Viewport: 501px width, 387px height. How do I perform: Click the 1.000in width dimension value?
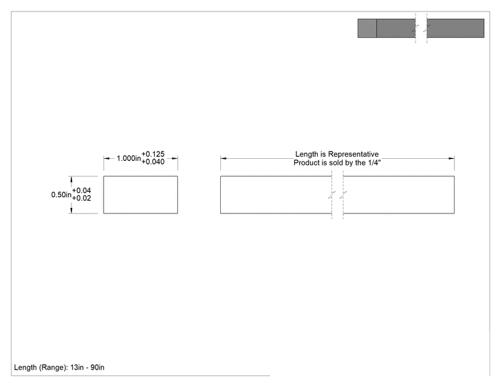pyautogui.click(x=129, y=158)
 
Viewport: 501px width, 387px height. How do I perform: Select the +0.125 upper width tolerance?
pyautogui.click(x=153, y=154)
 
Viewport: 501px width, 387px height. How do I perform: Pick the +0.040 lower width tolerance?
pyautogui.click(x=153, y=162)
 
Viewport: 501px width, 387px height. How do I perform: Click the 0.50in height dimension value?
pyautogui.click(x=61, y=195)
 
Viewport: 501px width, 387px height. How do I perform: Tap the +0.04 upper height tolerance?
pyautogui.click(x=81, y=190)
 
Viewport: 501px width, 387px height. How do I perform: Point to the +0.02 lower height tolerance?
pyautogui.click(x=81, y=199)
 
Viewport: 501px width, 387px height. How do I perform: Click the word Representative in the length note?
pyautogui.click(x=353, y=154)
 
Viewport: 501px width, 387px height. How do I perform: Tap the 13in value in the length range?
pyautogui.click(x=77, y=367)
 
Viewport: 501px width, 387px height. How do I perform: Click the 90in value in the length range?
pyautogui.click(x=97, y=367)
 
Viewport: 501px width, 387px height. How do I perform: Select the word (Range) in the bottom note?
pyautogui.click(x=53, y=367)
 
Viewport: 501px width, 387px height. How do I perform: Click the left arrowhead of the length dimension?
pyautogui.click(x=224, y=158)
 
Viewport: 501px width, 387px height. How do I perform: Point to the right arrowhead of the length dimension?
pyautogui.click(x=451, y=158)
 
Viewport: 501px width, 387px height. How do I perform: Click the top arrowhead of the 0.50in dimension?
pyautogui.click(x=71, y=180)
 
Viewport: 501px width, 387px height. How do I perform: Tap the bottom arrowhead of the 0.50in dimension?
pyautogui.click(x=71, y=210)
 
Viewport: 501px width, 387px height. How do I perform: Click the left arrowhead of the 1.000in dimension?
pyautogui.click(x=106, y=158)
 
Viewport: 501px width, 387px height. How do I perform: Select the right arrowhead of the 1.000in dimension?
pyautogui.click(x=175, y=158)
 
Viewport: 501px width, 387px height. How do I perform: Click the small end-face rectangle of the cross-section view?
pyautogui.click(x=141, y=195)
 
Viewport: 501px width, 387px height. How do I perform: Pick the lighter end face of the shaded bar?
pyautogui.click(x=367, y=28)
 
